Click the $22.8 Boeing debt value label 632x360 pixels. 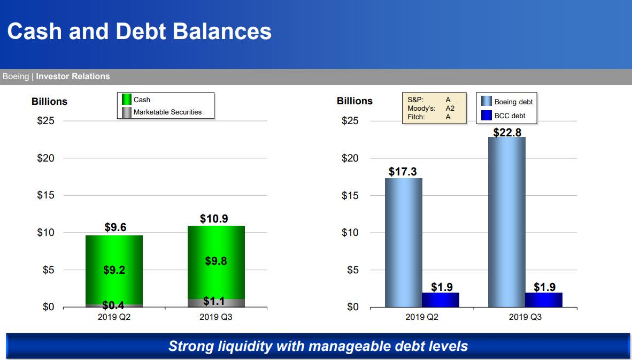point(507,132)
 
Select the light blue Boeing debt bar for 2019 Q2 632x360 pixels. point(404,243)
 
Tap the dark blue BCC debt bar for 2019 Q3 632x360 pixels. point(544,300)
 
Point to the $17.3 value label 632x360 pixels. point(403,172)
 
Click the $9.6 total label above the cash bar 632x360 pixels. point(115,227)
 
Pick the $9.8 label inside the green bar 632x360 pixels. point(216,261)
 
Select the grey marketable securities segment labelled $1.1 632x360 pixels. point(216,303)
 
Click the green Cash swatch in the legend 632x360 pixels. point(127,99)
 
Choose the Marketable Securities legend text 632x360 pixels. point(168,112)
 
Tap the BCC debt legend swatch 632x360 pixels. point(487,116)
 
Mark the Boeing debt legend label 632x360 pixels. point(513,102)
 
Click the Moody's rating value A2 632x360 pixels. point(450,109)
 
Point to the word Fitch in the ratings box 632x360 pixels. point(415,117)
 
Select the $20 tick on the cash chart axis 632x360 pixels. point(45,158)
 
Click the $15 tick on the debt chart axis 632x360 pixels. point(350,196)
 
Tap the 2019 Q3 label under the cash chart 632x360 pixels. point(215,317)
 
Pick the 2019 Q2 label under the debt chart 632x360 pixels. point(422,317)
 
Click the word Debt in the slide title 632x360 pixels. point(141,32)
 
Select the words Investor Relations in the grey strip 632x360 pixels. point(73,76)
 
